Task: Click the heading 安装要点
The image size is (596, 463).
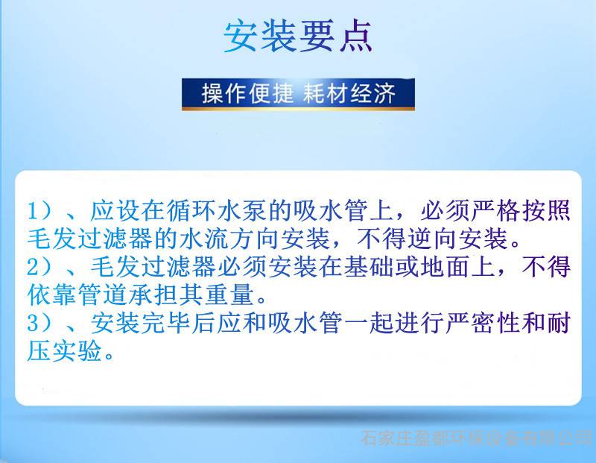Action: click(297, 37)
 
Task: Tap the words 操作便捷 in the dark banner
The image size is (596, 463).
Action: click(247, 93)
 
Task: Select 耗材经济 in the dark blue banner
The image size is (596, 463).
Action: click(349, 93)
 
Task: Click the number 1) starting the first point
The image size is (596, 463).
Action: click(39, 210)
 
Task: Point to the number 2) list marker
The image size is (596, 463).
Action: click(39, 266)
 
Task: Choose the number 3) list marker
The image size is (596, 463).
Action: click(39, 323)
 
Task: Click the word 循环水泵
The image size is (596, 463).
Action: click(217, 210)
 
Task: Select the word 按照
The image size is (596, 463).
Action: click(546, 210)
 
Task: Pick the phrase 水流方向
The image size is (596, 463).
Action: click(230, 239)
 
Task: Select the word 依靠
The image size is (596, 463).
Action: click(52, 295)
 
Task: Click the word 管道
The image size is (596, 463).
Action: click(103, 295)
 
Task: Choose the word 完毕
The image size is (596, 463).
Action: click(165, 323)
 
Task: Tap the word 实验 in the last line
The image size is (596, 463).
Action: click(77, 350)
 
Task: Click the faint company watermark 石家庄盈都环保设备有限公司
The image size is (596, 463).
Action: click(478, 438)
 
